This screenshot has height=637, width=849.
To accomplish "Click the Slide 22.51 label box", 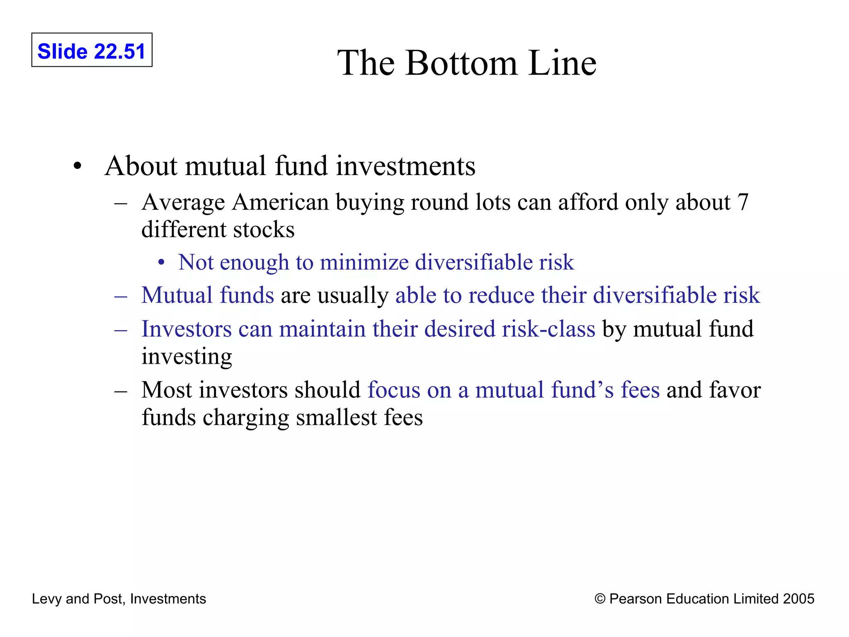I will (92, 50).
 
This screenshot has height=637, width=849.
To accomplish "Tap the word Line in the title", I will (563, 63).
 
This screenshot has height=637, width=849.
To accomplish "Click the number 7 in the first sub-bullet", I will (742, 202).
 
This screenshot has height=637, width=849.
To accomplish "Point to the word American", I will (280, 202).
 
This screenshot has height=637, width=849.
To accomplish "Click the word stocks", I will (264, 230).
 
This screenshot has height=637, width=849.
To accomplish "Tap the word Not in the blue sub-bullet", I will (196, 262).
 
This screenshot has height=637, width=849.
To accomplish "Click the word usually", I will (353, 295).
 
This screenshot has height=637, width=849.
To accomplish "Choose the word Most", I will (167, 390).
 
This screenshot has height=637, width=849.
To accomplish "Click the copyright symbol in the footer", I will (600, 599).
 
